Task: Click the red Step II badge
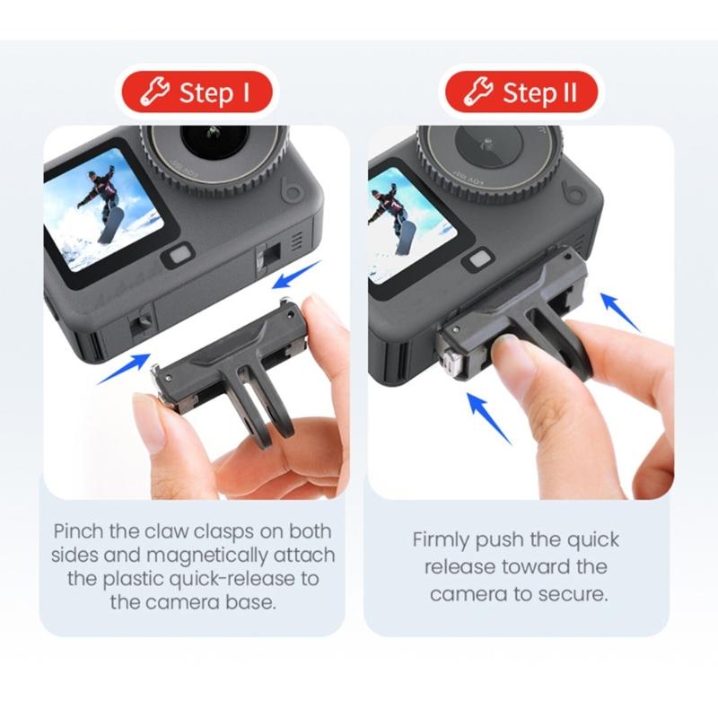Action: [522, 92]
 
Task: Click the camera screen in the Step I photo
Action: [103, 209]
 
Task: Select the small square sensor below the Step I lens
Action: [179, 254]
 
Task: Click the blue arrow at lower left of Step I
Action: [123, 368]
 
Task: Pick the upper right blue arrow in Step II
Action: [620, 311]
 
